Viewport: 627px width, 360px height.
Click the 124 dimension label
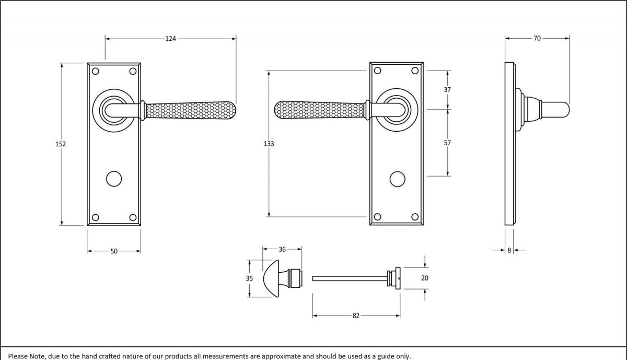171,38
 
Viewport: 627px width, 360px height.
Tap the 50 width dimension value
114,251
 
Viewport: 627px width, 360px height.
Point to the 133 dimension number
269,143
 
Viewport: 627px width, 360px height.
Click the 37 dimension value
447,90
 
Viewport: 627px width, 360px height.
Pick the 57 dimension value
447,143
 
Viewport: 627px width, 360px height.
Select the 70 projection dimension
537,38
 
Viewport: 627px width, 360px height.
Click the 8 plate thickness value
509,251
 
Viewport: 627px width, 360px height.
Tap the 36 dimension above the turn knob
282,250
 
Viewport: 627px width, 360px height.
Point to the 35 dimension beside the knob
249,278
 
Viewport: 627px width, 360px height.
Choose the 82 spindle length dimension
356,316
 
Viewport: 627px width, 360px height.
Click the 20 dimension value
425,278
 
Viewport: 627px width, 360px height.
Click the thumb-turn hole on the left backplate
113,179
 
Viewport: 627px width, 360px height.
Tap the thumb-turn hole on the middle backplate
396,179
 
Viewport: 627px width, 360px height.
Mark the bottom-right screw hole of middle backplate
415,217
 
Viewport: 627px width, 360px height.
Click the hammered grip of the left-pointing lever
319,110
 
